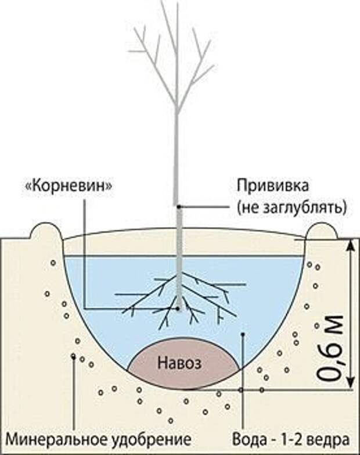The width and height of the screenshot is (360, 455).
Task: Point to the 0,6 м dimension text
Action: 332,349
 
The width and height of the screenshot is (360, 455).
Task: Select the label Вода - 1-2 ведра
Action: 290,437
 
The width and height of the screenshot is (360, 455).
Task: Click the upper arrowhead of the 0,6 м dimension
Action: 350,244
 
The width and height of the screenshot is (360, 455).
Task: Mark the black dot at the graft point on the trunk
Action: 179,206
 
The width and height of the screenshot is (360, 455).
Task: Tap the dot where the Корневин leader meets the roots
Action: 178,308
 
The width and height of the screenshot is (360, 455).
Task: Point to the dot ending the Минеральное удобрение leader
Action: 73,356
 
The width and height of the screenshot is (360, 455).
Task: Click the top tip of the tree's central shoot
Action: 177,5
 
